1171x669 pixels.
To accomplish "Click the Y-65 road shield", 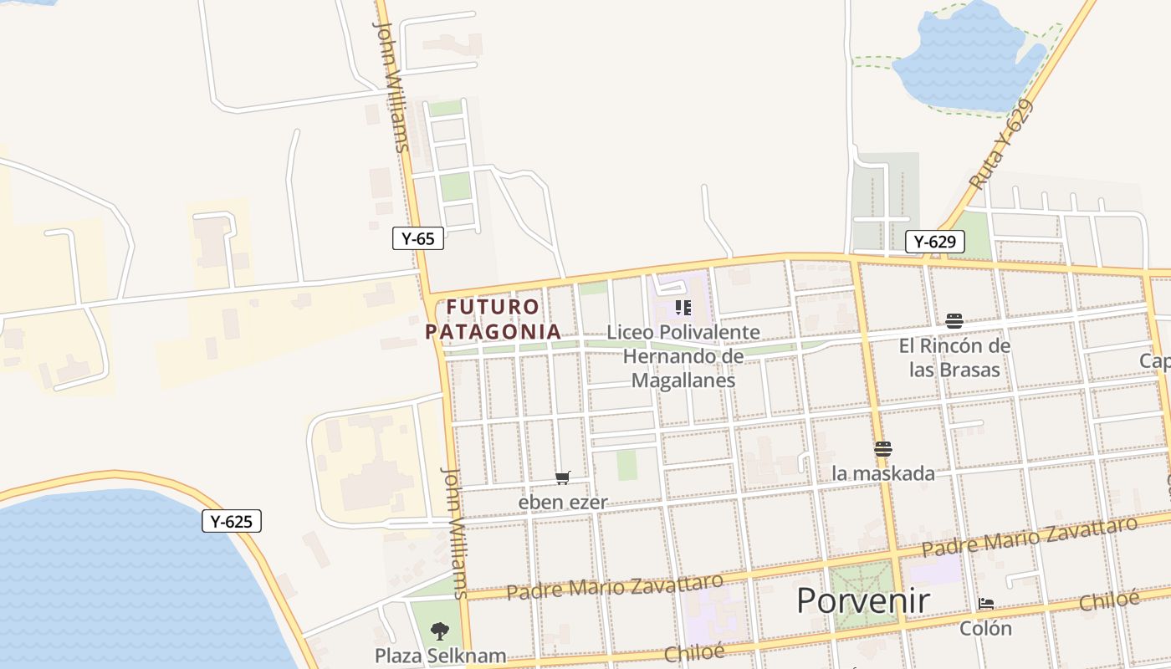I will pyautogui.click(x=417, y=238).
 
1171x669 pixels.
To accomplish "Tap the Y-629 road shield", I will pyautogui.click(x=934, y=242).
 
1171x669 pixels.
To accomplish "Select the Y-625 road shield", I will pyautogui.click(x=232, y=521).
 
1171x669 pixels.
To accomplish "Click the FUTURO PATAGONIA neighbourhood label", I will pyautogui.click(x=493, y=319).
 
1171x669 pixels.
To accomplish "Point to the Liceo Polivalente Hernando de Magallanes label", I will pyautogui.click(x=683, y=356).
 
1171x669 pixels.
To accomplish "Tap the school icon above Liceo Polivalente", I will pyautogui.click(x=683, y=308).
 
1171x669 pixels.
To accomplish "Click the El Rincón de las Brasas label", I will pyautogui.click(x=954, y=357).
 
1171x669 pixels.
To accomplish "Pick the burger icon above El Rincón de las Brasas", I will pyautogui.click(x=954, y=320).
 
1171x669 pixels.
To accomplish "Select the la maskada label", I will pyautogui.click(x=883, y=473).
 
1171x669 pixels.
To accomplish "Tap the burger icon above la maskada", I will pyautogui.click(x=882, y=449).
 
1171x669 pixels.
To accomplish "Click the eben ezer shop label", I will pyautogui.click(x=563, y=503).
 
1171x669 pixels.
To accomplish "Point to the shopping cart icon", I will pyautogui.click(x=563, y=478).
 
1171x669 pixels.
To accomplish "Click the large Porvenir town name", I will pyautogui.click(x=862, y=600).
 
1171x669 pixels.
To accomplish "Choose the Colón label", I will pyautogui.click(x=986, y=628).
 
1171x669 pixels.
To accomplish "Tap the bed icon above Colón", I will pyautogui.click(x=986, y=604).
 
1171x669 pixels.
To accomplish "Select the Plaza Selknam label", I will pyautogui.click(x=440, y=655).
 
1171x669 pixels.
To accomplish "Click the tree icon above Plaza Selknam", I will pyautogui.click(x=439, y=631).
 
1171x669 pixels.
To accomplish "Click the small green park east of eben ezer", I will pyautogui.click(x=627, y=465).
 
